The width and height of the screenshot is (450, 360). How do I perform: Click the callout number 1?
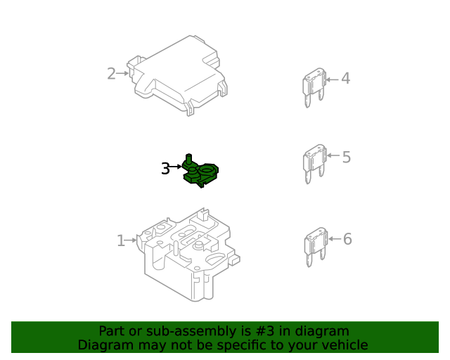click(x=121, y=240)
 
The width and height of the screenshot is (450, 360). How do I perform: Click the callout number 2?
click(x=111, y=74)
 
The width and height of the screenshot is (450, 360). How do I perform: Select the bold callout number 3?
click(x=166, y=168)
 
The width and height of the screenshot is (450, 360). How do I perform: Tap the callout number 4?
click(x=345, y=78)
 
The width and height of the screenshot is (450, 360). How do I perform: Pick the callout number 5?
click(x=347, y=157)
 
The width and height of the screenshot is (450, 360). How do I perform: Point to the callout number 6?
click(x=347, y=239)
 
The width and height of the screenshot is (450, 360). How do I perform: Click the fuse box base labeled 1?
click(x=188, y=255)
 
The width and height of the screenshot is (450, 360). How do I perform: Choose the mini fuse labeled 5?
click(x=314, y=164)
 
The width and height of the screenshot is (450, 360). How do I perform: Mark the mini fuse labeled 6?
click(x=316, y=247)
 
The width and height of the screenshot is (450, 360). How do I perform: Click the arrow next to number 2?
click(x=122, y=74)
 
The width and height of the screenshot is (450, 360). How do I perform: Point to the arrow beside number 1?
click(x=131, y=240)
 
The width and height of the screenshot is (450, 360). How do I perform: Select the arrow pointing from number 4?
click(x=333, y=79)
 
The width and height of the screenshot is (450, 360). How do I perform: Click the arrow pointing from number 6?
click(x=335, y=238)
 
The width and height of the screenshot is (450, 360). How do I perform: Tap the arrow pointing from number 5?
click(x=333, y=155)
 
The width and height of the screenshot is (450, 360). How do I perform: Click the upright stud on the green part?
click(x=188, y=159)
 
